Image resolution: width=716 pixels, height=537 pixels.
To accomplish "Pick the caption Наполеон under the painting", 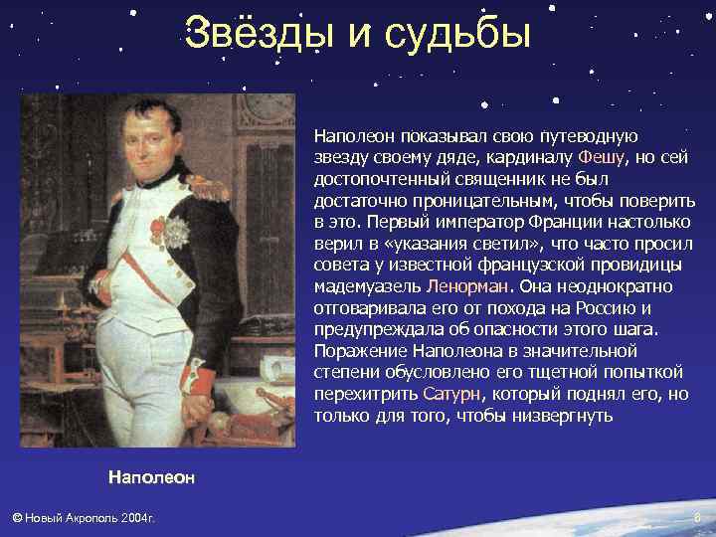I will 151,477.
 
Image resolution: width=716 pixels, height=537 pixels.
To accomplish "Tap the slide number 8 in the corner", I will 696,518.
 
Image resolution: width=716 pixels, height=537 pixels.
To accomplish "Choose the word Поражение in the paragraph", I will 355,350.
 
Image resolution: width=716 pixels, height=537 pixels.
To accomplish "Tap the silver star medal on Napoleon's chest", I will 177,232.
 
